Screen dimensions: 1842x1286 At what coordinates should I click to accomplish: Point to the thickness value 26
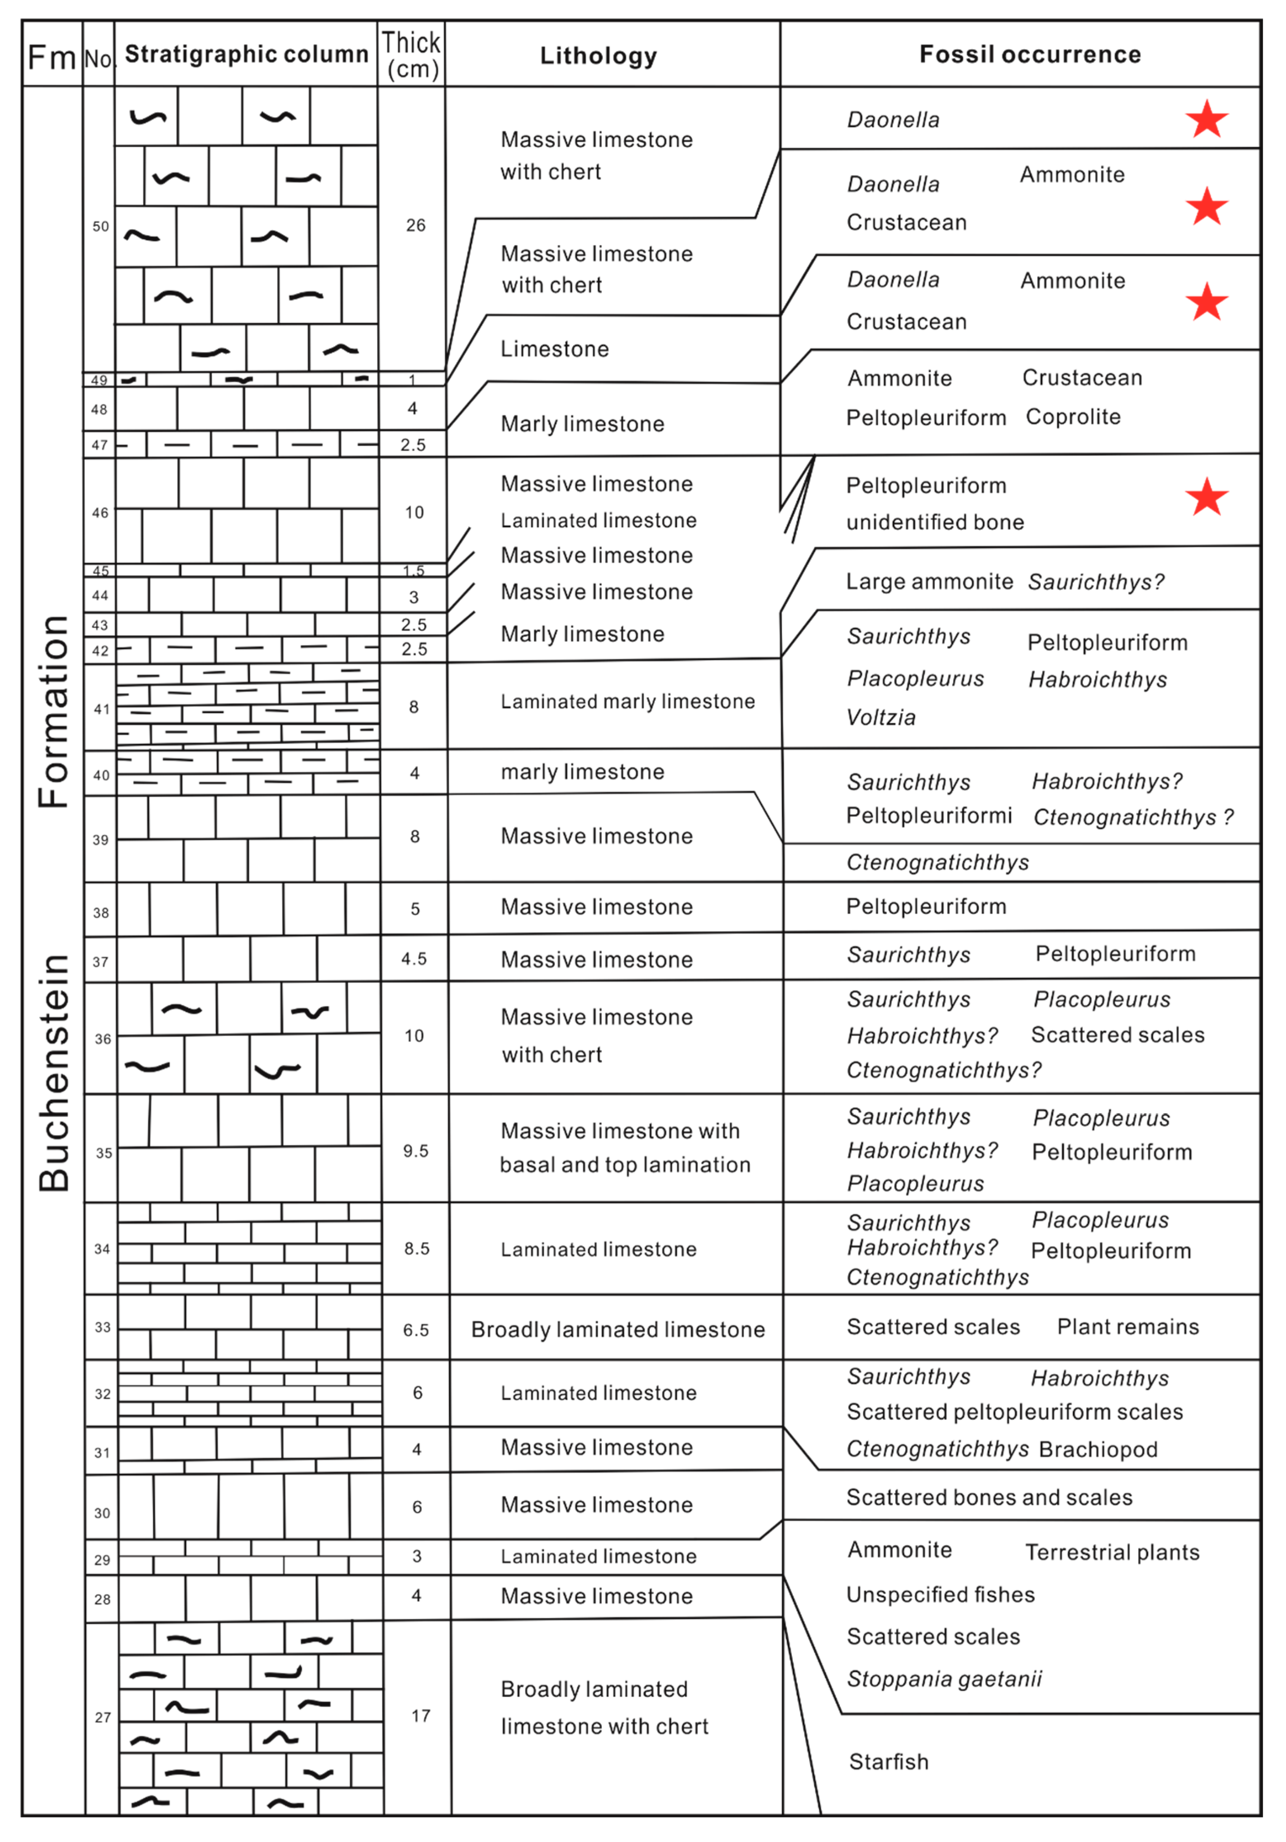coord(416,226)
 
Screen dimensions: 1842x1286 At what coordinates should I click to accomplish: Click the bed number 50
coord(100,226)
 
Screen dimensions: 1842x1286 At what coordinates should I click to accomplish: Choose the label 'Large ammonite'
coord(929,582)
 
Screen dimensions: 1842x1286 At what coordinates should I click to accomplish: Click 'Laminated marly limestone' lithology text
coord(628,702)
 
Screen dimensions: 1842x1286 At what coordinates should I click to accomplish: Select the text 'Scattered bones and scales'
coord(989,1498)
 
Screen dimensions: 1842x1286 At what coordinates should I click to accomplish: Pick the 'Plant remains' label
coord(1127,1327)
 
